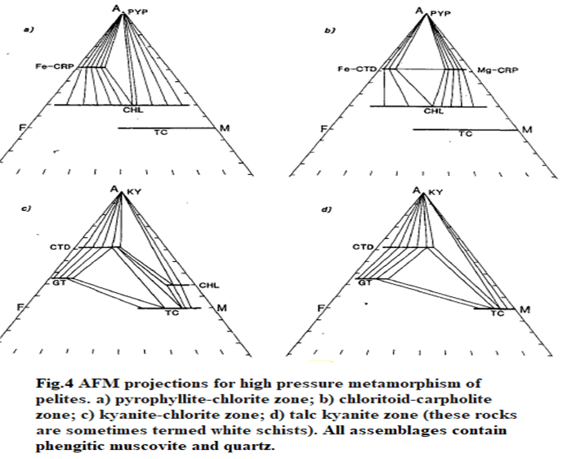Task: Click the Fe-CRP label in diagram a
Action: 55,66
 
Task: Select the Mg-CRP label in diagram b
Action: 498,70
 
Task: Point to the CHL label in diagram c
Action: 209,286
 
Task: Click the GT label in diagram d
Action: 364,282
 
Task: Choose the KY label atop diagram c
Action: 135,191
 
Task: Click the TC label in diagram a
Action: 161,133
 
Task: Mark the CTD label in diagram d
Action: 363,247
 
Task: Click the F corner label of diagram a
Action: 22,128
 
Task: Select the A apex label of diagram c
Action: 114,189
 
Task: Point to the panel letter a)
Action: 29,30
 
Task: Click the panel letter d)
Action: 327,209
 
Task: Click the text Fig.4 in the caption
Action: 55,384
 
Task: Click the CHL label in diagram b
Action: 434,110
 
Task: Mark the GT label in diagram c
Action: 60,283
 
